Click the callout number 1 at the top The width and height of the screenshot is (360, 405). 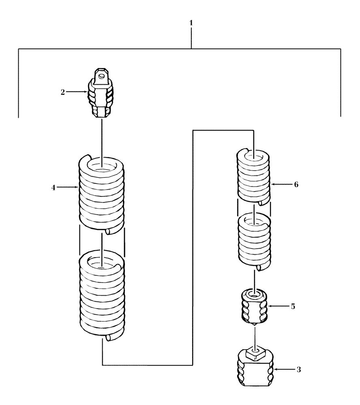pyautogui.click(x=191, y=23)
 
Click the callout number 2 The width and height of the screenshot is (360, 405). pyautogui.click(x=63, y=92)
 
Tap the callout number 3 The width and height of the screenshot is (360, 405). pyautogui.click(x=298, y=369)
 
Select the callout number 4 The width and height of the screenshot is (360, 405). pyautogui.click(x=54, y=187)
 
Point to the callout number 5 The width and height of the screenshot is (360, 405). pyautogui.click(x=293, y=306)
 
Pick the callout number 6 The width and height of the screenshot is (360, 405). pyautogui.click(x=296, y=184)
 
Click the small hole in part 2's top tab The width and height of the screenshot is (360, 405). pyautogui.click(x=102, y=74)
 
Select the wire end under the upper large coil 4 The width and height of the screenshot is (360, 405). pyautogui.click(x=108, y=231)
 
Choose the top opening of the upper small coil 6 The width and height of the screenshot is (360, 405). pyautogui.click(x=254, y=156)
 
